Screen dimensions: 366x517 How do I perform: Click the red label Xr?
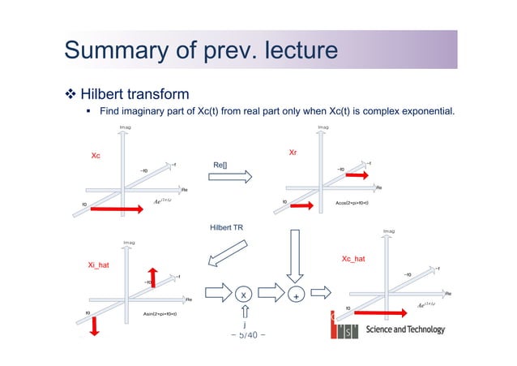coord(294,152)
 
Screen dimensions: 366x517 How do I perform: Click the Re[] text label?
coord(220,166)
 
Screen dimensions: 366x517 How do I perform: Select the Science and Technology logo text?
coord(405,329)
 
